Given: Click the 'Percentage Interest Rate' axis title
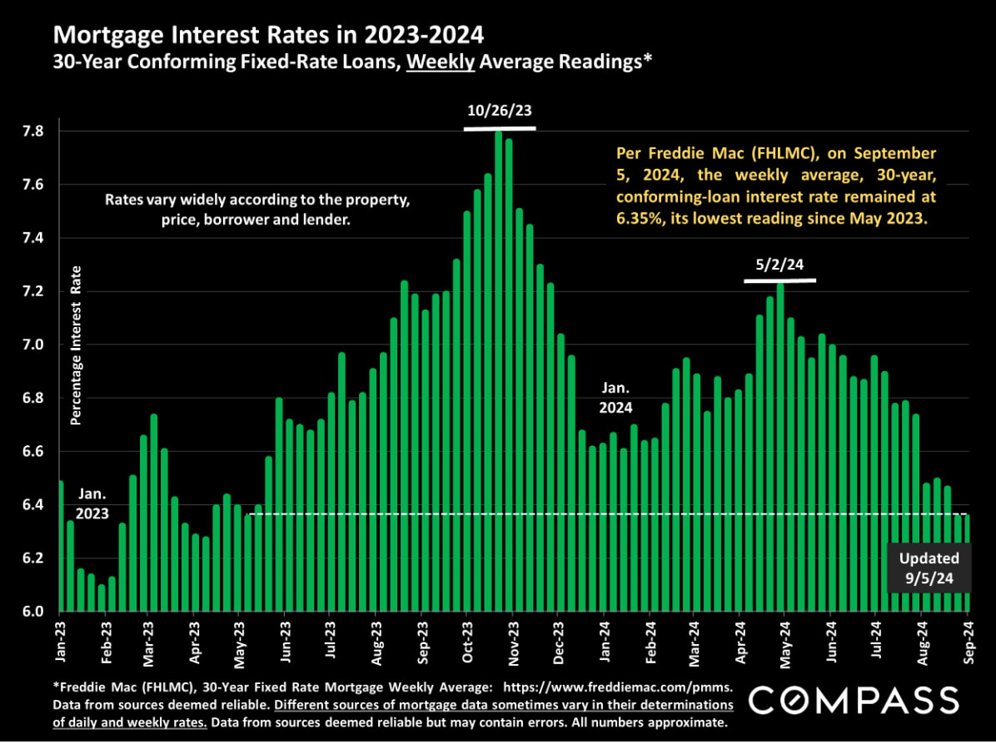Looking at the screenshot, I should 76,345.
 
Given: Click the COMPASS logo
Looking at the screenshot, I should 853,701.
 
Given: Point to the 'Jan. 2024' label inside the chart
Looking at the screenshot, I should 616,398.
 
